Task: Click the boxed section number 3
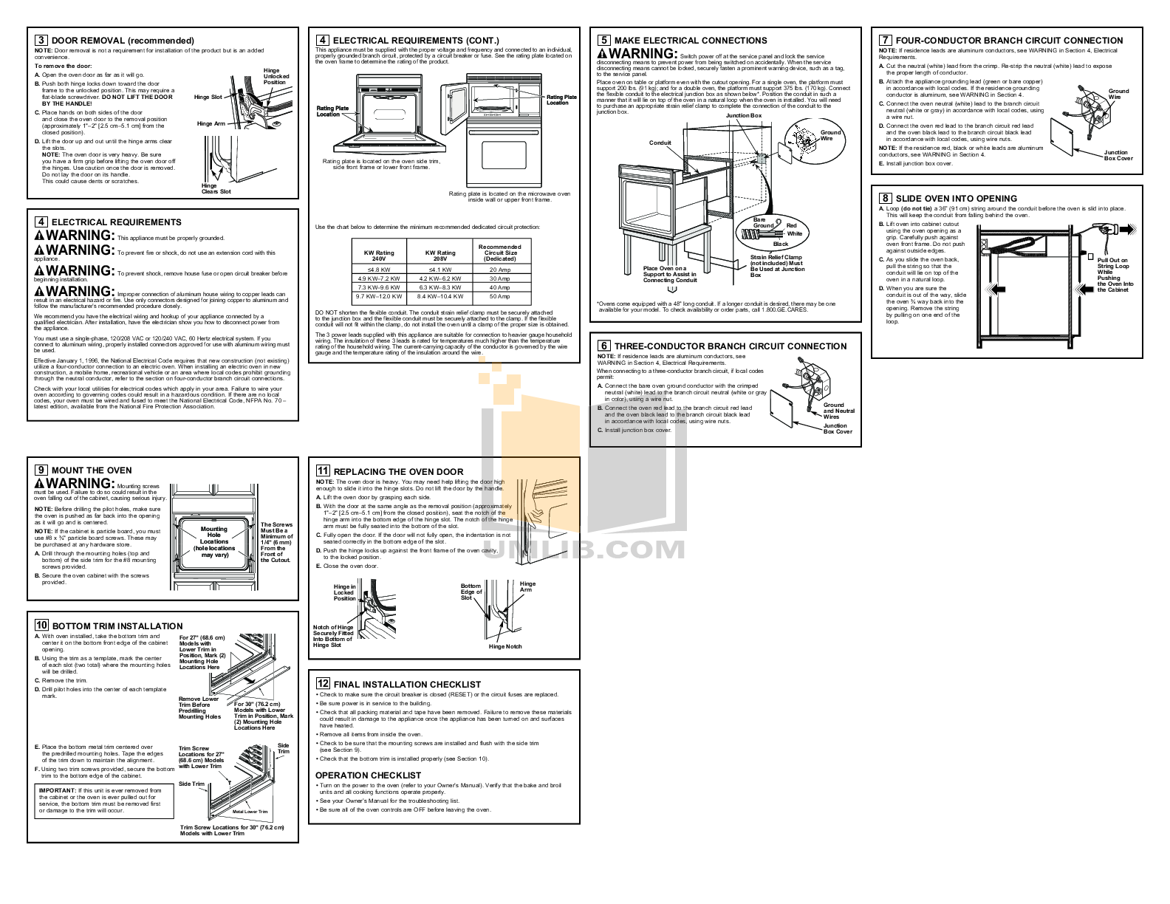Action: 41,41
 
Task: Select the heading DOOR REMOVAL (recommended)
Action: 123,41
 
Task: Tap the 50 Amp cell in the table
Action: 499,296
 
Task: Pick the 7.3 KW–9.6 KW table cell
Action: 379,287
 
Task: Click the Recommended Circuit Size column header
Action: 499,253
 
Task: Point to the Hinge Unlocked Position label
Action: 276,76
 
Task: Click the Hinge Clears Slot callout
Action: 216,188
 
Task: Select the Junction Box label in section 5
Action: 743,116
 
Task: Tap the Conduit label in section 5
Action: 660,143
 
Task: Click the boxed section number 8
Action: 885,198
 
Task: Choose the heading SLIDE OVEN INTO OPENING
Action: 956,199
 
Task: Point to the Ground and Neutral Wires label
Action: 838,411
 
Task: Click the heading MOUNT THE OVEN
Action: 92,470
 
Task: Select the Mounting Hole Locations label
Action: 214,541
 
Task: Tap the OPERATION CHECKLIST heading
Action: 368,775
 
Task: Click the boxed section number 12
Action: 323,684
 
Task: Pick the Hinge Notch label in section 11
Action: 505,646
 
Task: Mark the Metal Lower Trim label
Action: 250,812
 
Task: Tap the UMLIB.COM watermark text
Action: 584,549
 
